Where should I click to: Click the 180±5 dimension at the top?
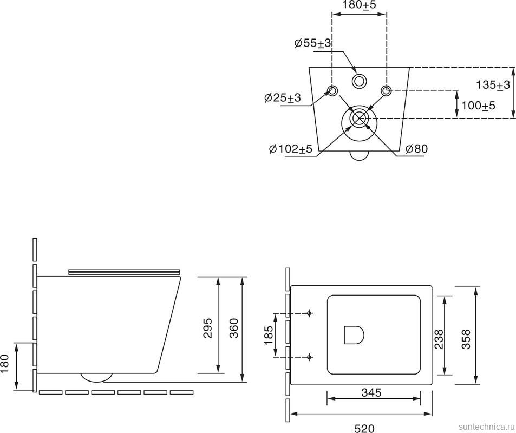click(359, 5)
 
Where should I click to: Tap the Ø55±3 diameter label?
click(312, 44)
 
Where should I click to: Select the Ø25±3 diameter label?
click(282, 98)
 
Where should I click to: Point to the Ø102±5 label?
click(290, 149)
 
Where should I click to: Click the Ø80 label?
click(416, 149)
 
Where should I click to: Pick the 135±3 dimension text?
click(493, 84)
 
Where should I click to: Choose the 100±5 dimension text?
click(479, 106)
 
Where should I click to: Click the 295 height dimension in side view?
click(207, 328)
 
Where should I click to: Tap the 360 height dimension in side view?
click(233, 328)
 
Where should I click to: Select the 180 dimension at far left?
click(5, 364)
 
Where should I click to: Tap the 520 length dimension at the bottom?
click(363, 428)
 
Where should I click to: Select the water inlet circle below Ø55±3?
click(359, 81)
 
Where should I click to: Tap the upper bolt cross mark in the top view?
click(309, 313)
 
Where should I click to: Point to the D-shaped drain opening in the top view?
click(354, 336)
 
